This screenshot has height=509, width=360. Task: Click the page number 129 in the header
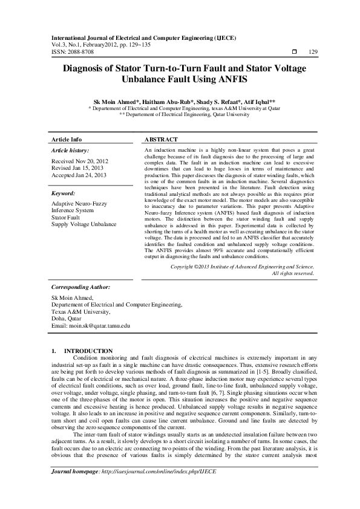pyautogui.click(x=313, y=52)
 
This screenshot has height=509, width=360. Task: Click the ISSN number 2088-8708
pyautogui.click(x=80, y=52)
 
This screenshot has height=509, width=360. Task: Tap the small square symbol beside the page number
pyautogui.click(x=294, y=52)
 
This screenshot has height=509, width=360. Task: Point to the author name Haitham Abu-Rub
pyautogui.click(x=160, y=102)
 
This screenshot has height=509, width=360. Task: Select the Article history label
pyautogui.click(x=70, y=149)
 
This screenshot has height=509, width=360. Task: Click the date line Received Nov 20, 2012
pyautogui.click(x=79, y=161)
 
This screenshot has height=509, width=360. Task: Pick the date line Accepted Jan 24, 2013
pyautogui.click(x=79, y=175)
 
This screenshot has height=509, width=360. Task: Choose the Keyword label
pyautogui.click(x=63, y=193)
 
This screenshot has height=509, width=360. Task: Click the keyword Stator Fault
pyautogui.click(x=67, y=217)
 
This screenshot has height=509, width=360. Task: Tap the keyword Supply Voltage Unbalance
pyautogui.click(x=83, y=224)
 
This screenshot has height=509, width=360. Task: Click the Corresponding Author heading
pyautogui.click(x=79, y=288)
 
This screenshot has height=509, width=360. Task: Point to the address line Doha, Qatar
pyautogui.click(x=66, y=319)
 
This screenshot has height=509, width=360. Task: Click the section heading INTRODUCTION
pyautogui.click(x=88, y=351)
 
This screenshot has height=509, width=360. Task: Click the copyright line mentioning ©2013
pyautogui.click(x=242, y=266)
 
